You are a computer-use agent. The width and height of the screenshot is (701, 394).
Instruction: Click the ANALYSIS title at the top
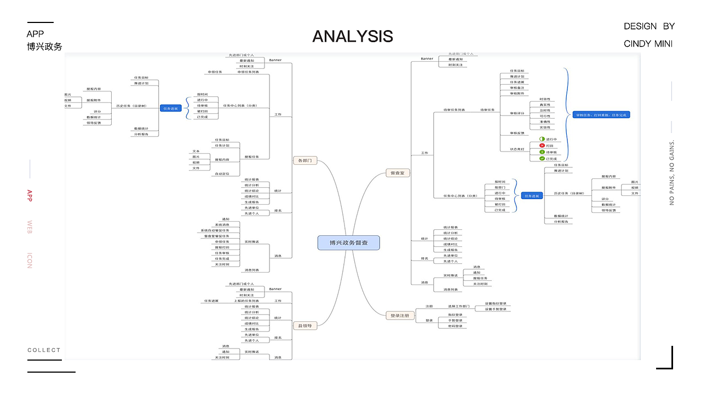coord(353,36)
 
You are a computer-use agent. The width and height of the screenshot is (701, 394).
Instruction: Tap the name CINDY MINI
coord(648,44)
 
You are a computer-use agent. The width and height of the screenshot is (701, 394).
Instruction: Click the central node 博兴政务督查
coord(348,242)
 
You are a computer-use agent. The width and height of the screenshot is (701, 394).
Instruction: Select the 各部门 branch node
coord(304,161)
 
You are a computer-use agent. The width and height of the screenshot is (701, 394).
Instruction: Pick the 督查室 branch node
coord(398,173)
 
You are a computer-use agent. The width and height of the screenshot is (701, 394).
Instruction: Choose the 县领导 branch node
coord(304,326)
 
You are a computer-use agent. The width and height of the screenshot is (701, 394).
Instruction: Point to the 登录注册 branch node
coord(399,315)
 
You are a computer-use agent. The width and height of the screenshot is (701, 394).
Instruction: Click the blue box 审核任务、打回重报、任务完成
coord(602,115)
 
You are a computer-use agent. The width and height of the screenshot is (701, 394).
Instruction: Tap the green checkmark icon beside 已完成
coord(542,159)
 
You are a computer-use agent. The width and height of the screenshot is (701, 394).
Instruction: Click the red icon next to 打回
coord(542,146)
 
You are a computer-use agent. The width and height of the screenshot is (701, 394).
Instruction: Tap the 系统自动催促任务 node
coord(215,230)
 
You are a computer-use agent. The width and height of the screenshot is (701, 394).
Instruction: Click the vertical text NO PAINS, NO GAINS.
coord(672,172)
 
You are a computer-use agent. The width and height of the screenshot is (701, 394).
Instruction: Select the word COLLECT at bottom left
coord(44,350)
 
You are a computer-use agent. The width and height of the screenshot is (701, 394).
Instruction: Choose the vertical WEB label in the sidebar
coord(30,227)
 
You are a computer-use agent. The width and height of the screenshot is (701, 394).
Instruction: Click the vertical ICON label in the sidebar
coord(30,260)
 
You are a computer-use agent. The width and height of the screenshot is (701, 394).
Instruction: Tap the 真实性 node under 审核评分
coord(545,105)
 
